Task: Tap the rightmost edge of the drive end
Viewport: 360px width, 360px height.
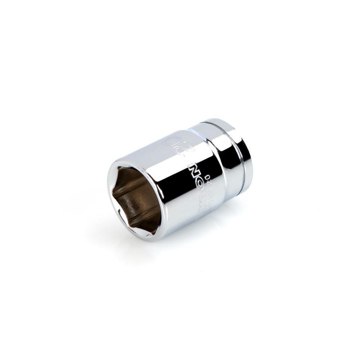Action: [x=252, y=158]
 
